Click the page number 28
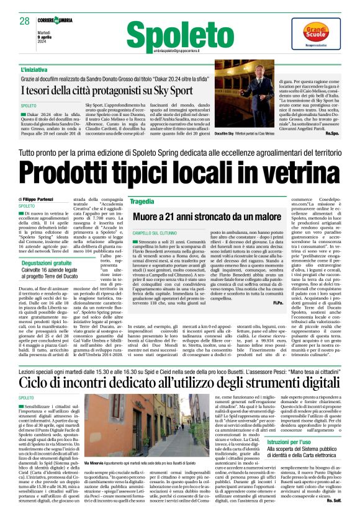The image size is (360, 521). pyautogui.click(x=25, y=22)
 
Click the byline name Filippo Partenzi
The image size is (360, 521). pyautogui.click(x=41, y=198)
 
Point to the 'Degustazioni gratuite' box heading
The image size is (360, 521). pyautogui.click(x=47, y=246)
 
